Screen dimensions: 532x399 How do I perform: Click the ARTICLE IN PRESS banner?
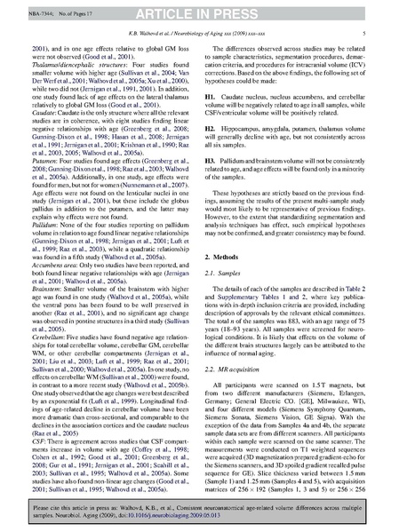click(199, 9)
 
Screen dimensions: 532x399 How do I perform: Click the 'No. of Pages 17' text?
click(82, 8)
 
